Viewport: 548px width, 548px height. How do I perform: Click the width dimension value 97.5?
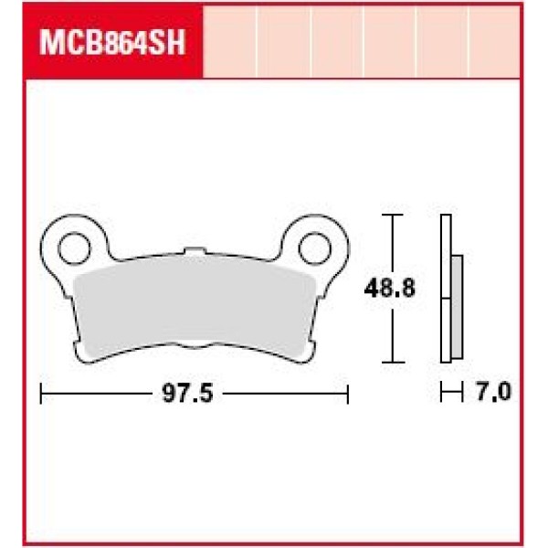tap(186, 394)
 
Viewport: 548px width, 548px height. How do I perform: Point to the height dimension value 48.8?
tap(390, 290)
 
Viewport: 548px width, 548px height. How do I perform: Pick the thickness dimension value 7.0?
tap(492, 394)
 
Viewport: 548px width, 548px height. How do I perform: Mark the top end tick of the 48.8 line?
tap(392, 216)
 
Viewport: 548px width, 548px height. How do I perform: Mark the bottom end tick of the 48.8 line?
tap(392, 361)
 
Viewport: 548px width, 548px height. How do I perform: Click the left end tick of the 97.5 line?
tap(44, 394)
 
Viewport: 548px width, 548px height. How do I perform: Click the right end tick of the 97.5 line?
tap(348, 394)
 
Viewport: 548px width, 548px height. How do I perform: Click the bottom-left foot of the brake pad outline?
tap(84, 353)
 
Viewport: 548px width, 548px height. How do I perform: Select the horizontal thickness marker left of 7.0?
tap(448, 394)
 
